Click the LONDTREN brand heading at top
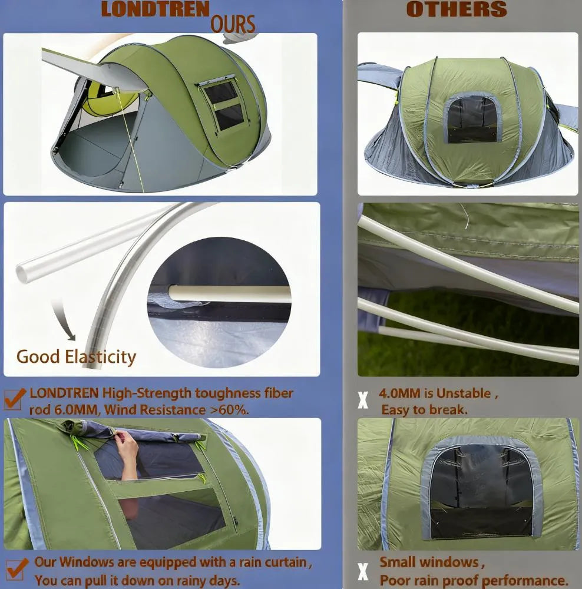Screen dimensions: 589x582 tap(155, 9)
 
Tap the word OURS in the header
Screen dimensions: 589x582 tap(233, 24)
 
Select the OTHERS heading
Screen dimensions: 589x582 tap(457, 9)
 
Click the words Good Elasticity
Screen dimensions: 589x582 tap(76, 356)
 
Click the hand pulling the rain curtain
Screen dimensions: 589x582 tap(127, 448)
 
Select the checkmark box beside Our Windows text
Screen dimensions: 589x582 tap(16, 569)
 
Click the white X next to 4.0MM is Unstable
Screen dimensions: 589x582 tap(363, 401)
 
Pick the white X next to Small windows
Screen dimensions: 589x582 tap(363, 571)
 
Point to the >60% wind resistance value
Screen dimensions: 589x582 tap(230, 409)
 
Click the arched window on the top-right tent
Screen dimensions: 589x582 tap(472, 119)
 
